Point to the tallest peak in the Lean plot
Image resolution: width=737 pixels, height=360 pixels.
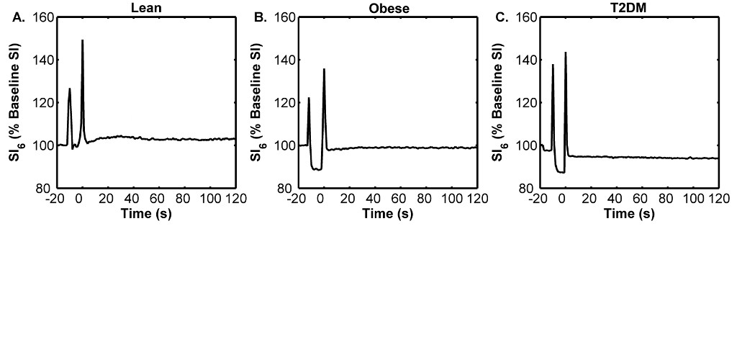(83, 41)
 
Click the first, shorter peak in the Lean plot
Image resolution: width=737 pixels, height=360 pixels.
(70, 89)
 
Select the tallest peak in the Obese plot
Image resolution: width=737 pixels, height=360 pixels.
(325, 69)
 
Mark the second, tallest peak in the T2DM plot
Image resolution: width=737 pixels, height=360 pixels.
(566, 53)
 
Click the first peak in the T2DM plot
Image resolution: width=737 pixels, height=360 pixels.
(553, 65)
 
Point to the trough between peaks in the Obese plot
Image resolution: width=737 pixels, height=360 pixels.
(317, 169)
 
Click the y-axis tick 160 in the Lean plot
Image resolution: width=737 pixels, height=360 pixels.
(45, 17)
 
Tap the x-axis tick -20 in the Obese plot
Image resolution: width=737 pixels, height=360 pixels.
(296, 199)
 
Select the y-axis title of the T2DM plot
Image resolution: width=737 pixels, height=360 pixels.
(498, 102)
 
